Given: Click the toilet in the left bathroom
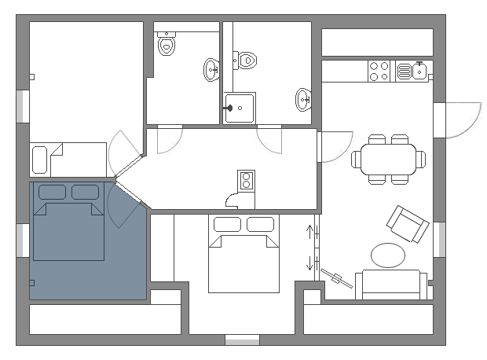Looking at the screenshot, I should tap(167, 46).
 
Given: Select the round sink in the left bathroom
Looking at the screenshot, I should tap(212, 71).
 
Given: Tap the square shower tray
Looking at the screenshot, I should tap(239, 108).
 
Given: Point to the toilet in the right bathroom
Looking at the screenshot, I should tap(246, 59).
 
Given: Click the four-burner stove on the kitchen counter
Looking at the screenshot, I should tap(379, 72).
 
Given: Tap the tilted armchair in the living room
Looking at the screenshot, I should tap(408, 224).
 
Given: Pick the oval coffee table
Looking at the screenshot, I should tap(388, 255).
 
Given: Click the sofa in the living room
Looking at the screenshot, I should tap(391, 284).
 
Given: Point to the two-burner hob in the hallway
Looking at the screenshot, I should tap(247, 181).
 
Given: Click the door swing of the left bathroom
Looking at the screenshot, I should tap(168, 140).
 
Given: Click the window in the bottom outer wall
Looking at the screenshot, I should tap(242, 340).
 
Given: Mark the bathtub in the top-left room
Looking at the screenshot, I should tap(39, 160).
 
